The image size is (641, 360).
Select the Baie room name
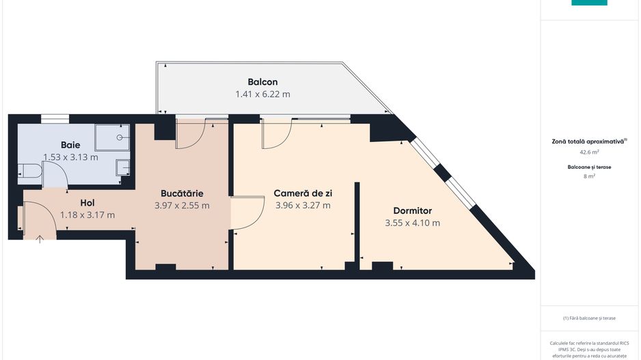coord(70,145)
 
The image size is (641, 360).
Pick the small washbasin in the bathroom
coord(122,167)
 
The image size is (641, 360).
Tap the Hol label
coord(87,203)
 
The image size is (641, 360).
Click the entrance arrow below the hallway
coord(40,238)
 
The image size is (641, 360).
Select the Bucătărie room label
coord(182,193)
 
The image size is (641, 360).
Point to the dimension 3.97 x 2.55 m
coord(182,205)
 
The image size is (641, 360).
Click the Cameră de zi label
coord(303,193)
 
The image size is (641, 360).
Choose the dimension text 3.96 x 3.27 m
coord(303,205)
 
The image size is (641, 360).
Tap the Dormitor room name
coord(412,210)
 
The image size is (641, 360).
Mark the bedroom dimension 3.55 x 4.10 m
coord(412,223)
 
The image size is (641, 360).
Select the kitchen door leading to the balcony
coord(192,134)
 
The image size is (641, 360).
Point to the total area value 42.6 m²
coord(589,153)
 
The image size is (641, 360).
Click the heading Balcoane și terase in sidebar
coord(589,167)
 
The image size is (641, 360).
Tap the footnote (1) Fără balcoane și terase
coord(589,318)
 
